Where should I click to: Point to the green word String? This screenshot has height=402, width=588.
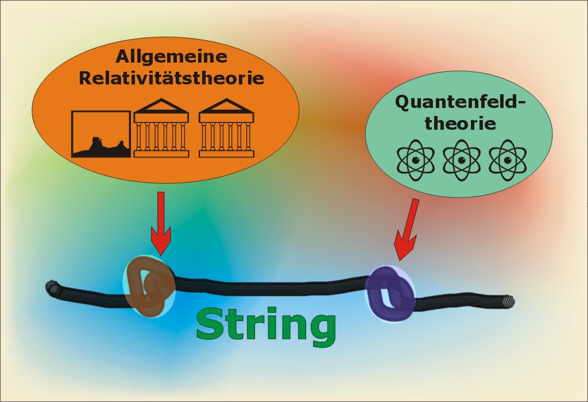(266, 325)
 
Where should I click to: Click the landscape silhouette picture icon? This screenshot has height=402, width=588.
(100, 133)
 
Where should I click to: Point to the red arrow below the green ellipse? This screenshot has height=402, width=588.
(407, 229)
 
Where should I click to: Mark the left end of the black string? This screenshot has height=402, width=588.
(52, 287)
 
